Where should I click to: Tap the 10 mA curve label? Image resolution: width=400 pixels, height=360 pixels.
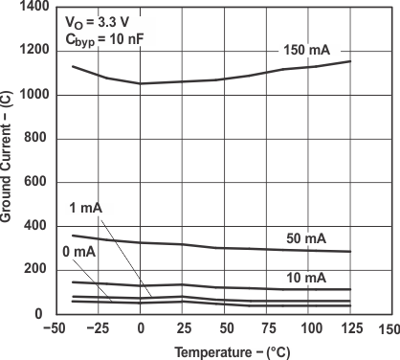click(x=306, y=277)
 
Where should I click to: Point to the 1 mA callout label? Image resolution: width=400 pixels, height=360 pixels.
click(x=86, y=209)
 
